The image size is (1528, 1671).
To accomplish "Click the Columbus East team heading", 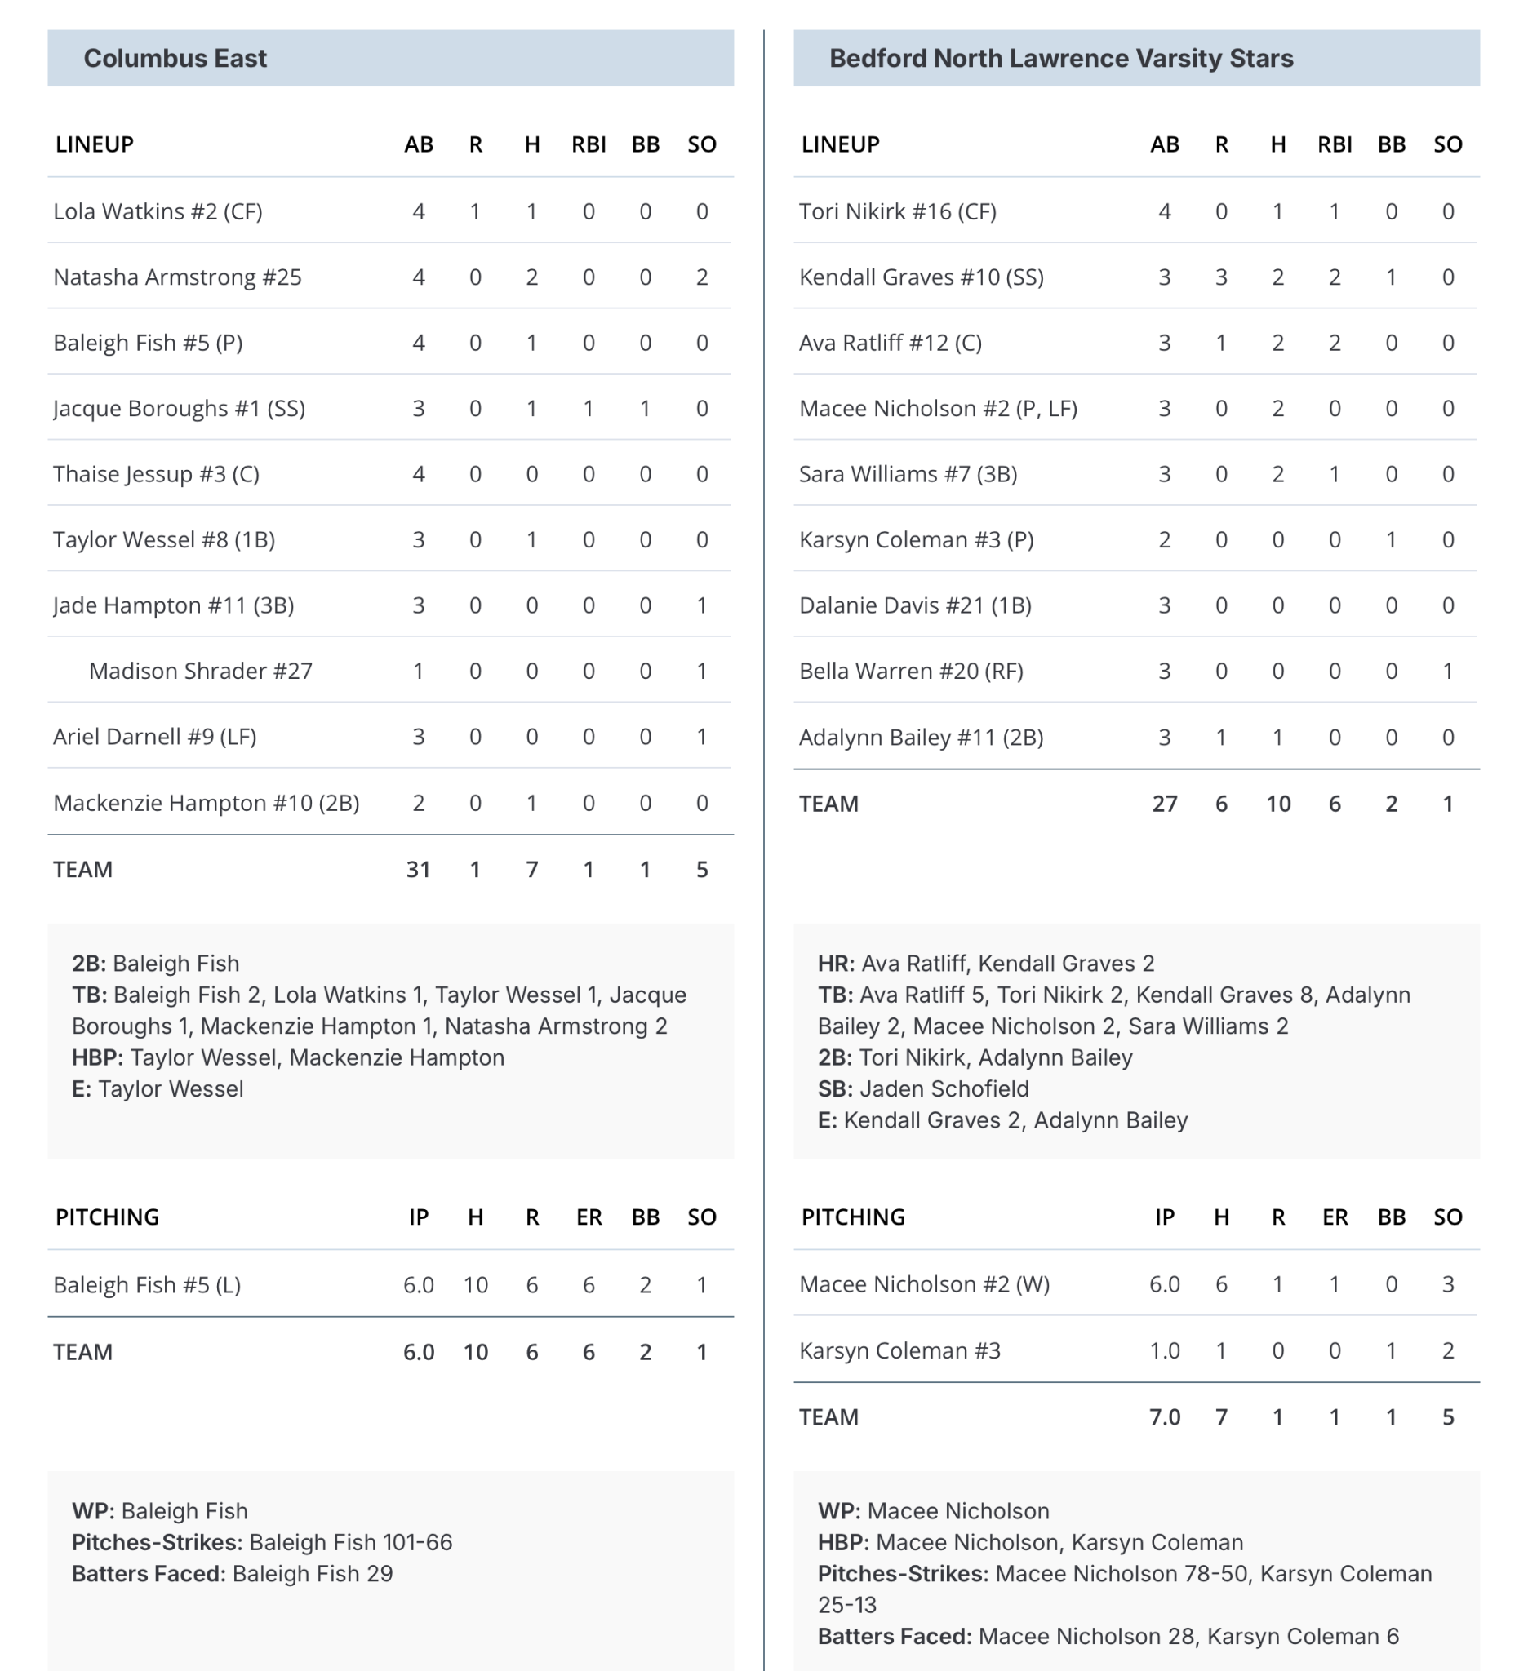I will [175, 58].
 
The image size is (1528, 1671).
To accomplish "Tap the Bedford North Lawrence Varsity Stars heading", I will [1060, 58].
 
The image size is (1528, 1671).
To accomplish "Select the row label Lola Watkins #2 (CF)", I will [158, 211].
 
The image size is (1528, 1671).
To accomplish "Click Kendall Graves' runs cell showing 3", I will [1220, 277].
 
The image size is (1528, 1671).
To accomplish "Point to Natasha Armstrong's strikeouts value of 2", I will [701, 277].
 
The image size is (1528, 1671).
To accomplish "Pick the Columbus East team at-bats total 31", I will [418, 869].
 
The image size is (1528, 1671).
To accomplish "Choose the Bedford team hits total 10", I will [1277, 803].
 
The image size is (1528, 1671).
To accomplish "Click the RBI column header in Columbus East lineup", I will [589, 144].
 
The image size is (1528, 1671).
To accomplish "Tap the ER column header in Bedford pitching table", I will [1335, 1217].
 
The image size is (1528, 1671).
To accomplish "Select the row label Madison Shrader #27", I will [201, 671].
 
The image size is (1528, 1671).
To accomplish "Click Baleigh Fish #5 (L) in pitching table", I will [147, 1285].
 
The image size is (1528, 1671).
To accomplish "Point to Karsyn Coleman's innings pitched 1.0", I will [1164, 1350].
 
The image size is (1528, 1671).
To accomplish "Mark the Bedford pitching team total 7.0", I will [1164, 1416].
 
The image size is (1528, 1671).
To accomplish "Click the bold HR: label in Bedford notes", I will [836, 963].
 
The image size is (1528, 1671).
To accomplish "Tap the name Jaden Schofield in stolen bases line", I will [944, 1088].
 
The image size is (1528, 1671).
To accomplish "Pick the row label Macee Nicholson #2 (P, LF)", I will [938, 408].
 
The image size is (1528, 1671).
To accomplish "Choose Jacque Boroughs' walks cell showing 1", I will [645, 408].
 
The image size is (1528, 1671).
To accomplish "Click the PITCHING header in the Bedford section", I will [852, 1217].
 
